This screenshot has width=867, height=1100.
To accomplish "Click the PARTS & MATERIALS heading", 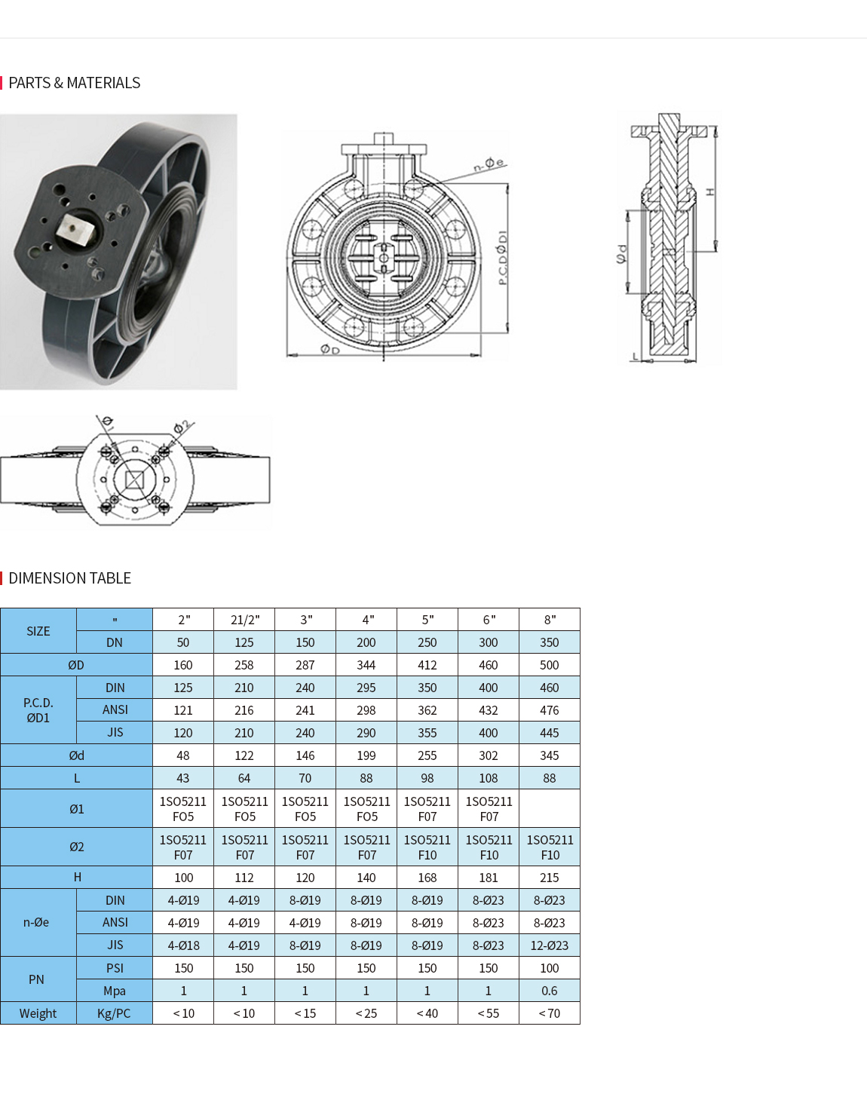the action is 74,83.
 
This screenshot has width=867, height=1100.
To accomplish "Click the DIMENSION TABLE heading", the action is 69,578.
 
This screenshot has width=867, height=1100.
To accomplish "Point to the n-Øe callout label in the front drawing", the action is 489,164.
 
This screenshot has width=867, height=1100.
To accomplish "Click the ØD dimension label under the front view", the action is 329,350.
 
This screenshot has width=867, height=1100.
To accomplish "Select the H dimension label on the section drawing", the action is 710,192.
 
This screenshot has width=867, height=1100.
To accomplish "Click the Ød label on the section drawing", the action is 621,254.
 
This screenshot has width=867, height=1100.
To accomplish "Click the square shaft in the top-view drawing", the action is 134,480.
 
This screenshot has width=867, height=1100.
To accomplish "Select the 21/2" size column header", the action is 244,620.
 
